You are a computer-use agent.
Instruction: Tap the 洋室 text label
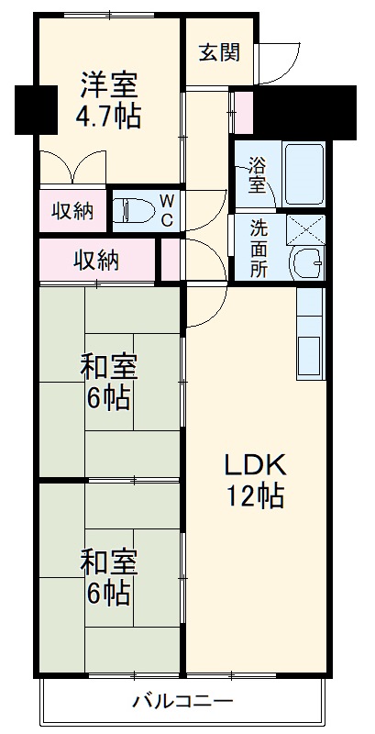(108, 85)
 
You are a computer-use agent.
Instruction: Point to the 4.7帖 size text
(108, 117)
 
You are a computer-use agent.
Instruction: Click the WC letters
(167, 210)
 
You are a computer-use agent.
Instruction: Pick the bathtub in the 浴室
(303, 173)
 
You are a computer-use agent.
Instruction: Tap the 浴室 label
(257, 175)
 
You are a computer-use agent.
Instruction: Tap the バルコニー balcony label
(182, 702)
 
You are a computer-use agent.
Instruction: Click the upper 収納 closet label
(72, 210)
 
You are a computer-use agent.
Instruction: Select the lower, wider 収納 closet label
(96, 260)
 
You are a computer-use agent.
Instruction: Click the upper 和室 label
(108, 368)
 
